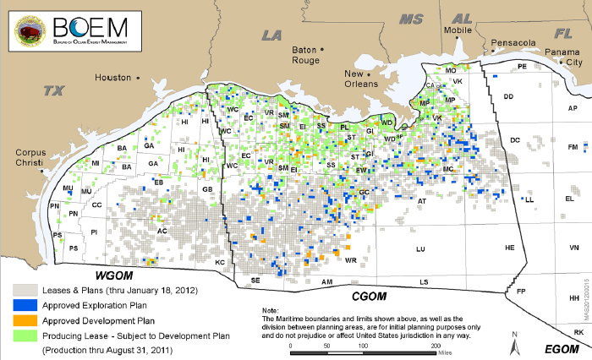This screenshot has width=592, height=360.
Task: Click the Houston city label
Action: (x=112, y=77)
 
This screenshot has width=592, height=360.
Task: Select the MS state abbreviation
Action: (x=411, y=19)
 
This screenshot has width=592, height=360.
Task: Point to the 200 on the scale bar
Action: (x=436, y=346)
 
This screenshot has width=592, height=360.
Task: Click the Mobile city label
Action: (x=458, y=30)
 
